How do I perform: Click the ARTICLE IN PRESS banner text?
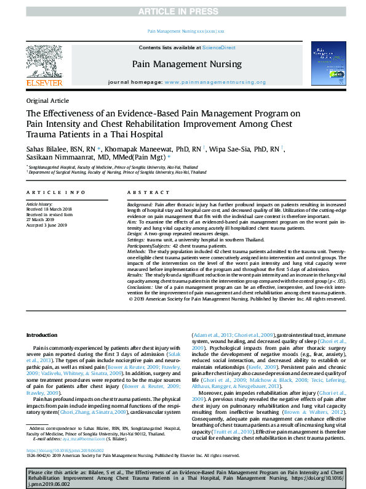(183, 12)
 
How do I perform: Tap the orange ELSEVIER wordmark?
(44, 83)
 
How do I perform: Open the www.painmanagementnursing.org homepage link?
(215, 82)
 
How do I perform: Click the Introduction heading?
(41, 335)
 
